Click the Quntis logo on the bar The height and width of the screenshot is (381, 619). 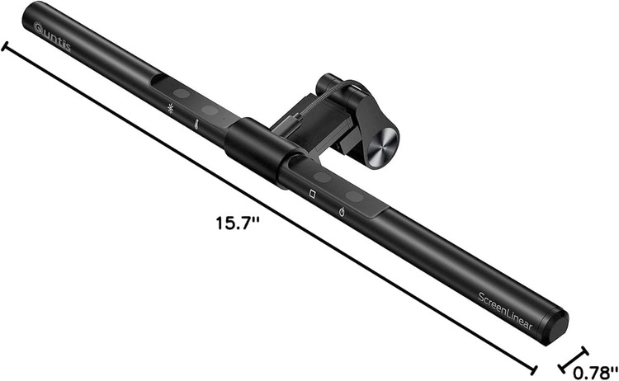[53, 37]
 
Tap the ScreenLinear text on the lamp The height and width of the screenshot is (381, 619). [505, 311]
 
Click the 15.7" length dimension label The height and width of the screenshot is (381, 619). [237, 223]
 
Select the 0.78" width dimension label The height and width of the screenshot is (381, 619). [595, 372]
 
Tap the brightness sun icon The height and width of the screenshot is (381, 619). [170, 108]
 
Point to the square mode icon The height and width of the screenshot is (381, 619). [312, 195]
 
